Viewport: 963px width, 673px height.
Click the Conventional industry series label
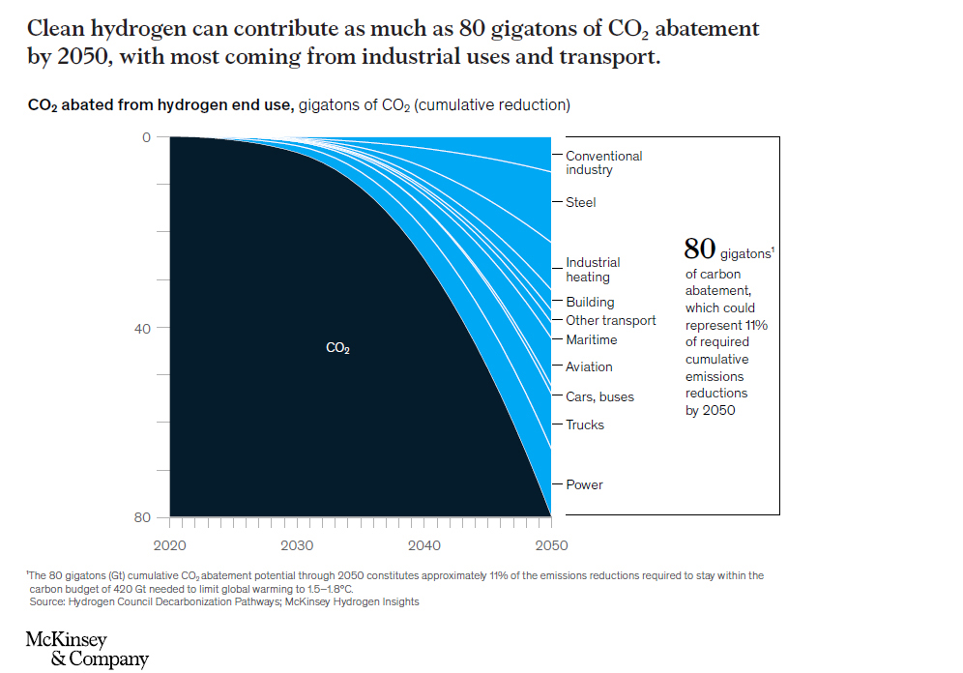coord(603,162)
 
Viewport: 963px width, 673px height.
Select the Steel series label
coord(581,202)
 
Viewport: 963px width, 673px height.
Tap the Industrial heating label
coord(593,270)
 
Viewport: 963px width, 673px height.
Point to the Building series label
coord(590,302)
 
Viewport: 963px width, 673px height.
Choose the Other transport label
coord(610,320)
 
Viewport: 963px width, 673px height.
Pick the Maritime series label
coord(591,339)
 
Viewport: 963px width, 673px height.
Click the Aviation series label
coord(589,366)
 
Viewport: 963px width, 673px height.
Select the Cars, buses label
coord(599,396)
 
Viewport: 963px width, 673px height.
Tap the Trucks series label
coord(585,424)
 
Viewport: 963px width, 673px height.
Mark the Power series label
coord(584,484)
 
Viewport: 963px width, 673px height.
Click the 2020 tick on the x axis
coord(170,545)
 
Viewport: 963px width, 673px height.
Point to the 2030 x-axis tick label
coord(297,545)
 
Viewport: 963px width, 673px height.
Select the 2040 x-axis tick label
coord(424,545)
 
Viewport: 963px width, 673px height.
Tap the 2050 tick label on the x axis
coord(552,545)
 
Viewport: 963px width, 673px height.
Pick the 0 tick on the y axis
coord(147,137)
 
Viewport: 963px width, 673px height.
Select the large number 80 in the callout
coord(699,249)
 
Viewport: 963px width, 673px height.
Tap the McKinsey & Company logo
coord(87,650)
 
